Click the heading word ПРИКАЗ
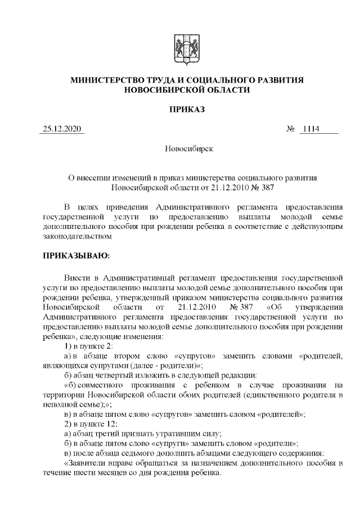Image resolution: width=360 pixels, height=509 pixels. [179, 109]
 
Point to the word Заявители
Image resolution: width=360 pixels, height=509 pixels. [88, 463]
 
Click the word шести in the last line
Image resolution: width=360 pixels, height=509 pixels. [83, 472]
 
